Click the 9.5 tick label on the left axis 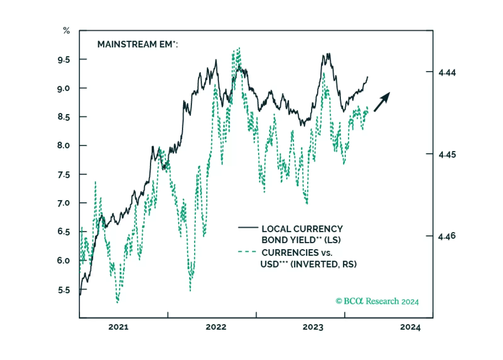[64, 60]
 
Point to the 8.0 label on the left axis [64, 146]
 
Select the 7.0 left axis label [64, 203]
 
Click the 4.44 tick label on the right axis [447, 73]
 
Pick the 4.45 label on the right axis [447, 155]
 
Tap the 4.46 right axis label [447, 236]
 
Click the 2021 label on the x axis [118, 327]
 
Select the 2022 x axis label [216, 327]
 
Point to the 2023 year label [313, 327]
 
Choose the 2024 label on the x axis [410, 327]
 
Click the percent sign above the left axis [66, 31]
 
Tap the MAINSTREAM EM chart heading [137, 44]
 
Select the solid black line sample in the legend [248, 227]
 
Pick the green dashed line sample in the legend [247, 252]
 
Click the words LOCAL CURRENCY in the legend [302, 229]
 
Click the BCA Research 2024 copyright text [377, 301]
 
